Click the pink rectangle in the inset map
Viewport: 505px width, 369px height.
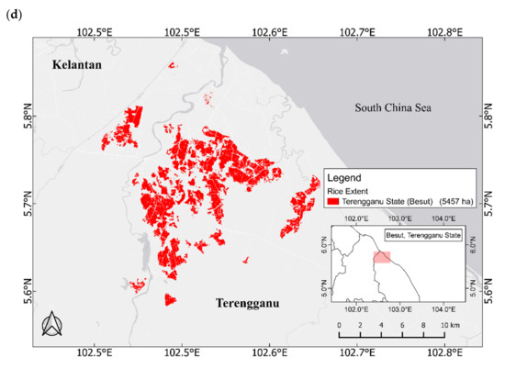pos(382,258)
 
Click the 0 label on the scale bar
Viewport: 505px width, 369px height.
pos(339,326)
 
